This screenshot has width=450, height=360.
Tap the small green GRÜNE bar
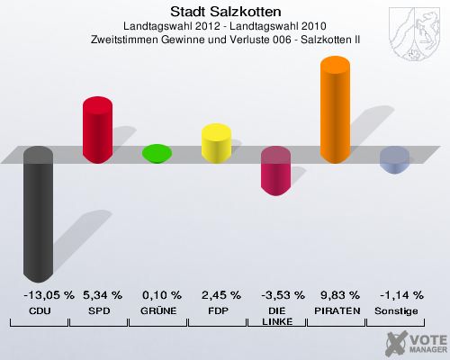157,154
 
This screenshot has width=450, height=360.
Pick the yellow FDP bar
216,143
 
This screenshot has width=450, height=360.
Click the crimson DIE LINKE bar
275,171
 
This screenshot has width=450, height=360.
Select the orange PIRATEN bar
335,111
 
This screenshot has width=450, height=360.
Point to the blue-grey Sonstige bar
394,160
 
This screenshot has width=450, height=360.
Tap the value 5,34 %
97,294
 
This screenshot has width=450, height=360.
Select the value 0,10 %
157,294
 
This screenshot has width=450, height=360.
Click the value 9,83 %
335,294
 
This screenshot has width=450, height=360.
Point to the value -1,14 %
394,294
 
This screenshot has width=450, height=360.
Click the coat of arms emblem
416,28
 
